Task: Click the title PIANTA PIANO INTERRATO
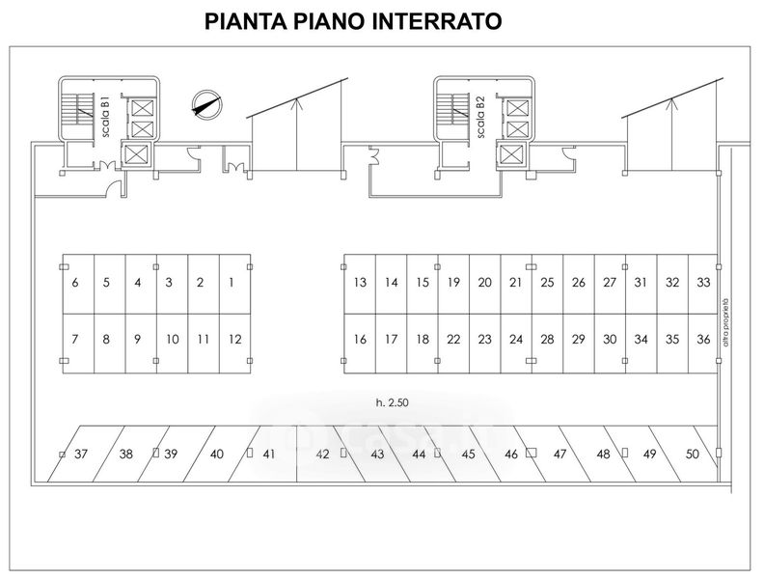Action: pos(353,22)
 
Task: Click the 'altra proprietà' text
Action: pos(724,320)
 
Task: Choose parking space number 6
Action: pos(75,283)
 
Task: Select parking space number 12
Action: pos(235,339)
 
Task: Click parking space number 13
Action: pos(360,283)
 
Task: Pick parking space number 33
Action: pos(704,283)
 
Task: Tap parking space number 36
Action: pos(704,339)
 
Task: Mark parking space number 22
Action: pos(453,339)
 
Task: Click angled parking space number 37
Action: pos(81,454)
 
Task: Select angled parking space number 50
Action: pos(692,454)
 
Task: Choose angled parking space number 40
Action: pos(217,454)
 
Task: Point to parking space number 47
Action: pos(559,454)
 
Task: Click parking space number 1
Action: pos(232,283)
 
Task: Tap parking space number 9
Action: pos(138,339)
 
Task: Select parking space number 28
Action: pos(547,339)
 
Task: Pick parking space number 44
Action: pos(419,454)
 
